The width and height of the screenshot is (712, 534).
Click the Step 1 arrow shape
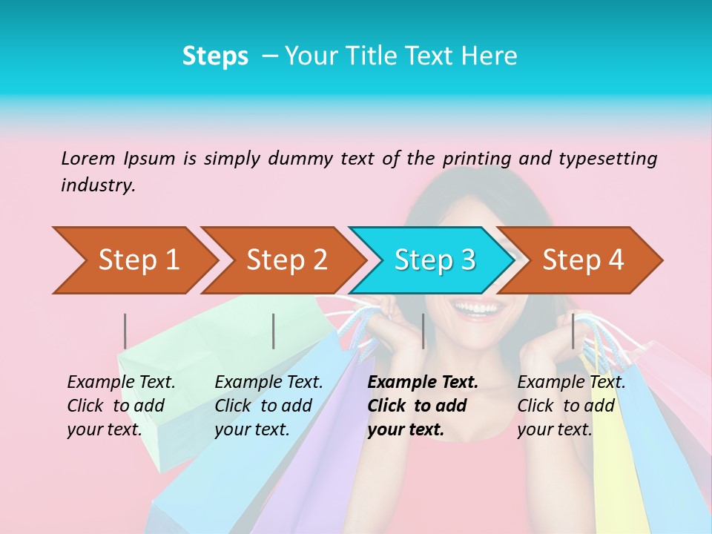tap(137, 260)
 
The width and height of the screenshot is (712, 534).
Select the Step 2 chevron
tap(286, 260)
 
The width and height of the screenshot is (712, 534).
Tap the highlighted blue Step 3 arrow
tap(434, 260)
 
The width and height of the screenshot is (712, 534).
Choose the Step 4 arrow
tap(582, 260)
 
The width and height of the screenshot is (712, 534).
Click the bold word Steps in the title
tap(215, 56)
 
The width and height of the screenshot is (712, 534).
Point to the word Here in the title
tap(489, 56)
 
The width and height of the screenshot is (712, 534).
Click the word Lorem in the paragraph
tap(88, 158)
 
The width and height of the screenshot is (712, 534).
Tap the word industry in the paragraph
tap(97, 185)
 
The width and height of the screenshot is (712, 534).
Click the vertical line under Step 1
tap(125, 331)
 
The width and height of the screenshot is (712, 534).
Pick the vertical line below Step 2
tap(274, 331)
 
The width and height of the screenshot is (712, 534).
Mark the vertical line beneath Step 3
tap(423, 331)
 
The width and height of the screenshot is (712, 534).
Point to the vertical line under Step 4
tap(573, 331)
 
